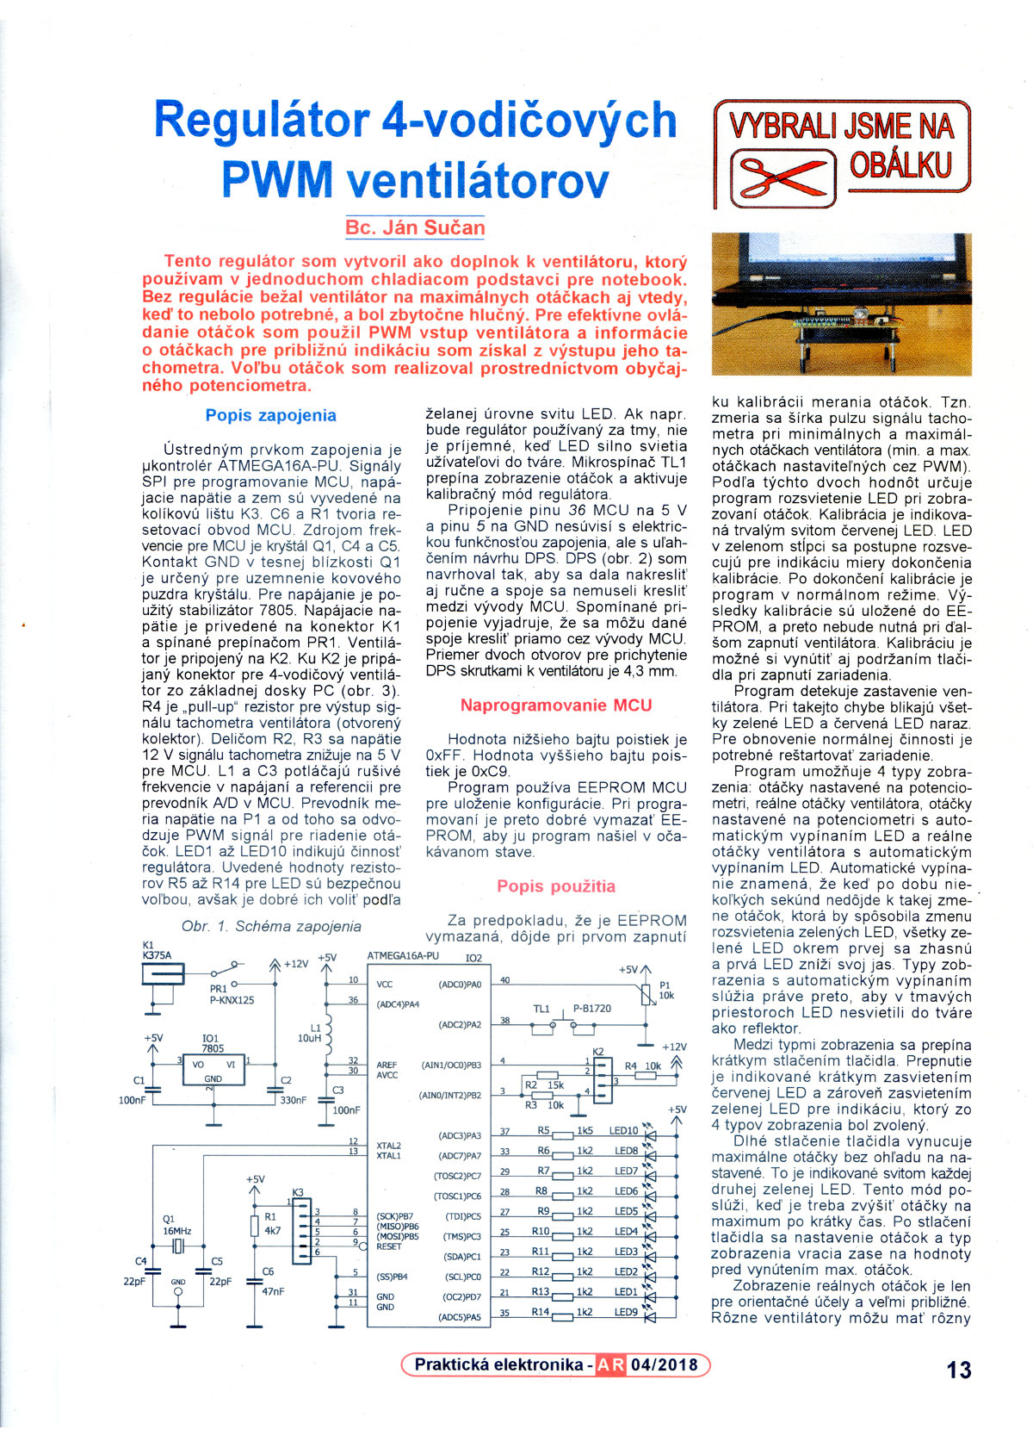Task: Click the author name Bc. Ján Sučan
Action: coord(415,228)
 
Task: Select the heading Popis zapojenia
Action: coord(270,415)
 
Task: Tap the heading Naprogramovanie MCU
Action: coord(555,705)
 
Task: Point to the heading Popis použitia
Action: coord(555,886)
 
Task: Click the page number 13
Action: coord(958,1370)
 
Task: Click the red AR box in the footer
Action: coord(610,1364)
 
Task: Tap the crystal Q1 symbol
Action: coord(179,1246)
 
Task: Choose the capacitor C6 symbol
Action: coord(254,1281)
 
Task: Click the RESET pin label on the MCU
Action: coord(389,1246)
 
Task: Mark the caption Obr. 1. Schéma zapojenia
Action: coord(271,926)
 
